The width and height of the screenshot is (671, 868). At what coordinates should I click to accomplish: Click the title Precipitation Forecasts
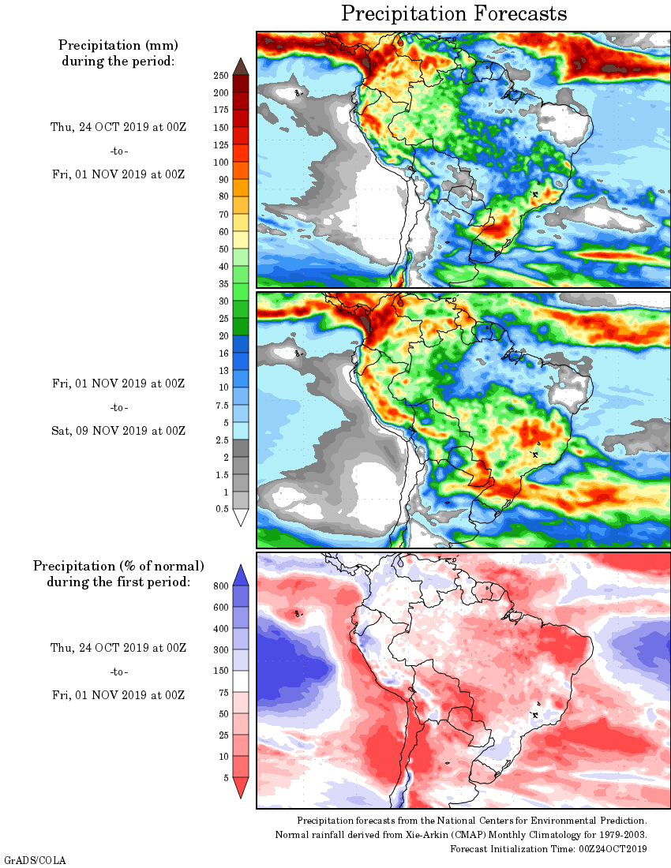[x=454, y=14]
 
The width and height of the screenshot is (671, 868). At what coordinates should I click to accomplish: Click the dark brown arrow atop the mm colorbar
[x=242, y=65]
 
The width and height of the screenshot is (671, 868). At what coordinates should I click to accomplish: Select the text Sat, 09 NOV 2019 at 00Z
[x=118, y=431]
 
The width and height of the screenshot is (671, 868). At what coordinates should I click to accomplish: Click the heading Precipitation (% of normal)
[x=118, y=566]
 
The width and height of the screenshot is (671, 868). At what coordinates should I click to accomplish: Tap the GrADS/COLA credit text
[x=35, y=859]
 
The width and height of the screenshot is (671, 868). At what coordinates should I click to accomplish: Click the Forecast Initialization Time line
[x=549, y=848]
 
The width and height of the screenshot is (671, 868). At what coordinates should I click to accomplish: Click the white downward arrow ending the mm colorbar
[x=242, y=518]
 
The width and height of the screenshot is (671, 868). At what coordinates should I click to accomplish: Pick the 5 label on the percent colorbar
[x=223, y=777]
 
